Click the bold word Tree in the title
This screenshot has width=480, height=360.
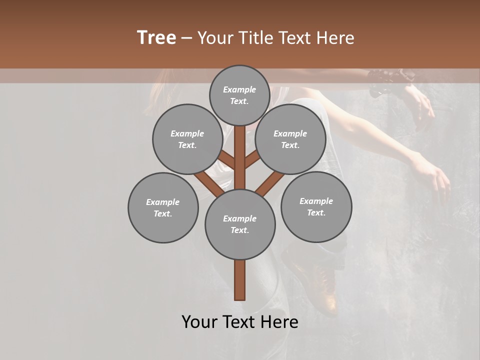tap(156, 38)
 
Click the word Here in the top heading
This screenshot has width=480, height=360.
tap(335, 38)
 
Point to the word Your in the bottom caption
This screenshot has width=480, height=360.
tap(199, 322)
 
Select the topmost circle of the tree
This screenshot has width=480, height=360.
tap(239, 95)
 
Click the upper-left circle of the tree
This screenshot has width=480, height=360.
tap(187, 139)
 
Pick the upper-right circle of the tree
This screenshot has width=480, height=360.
tap(290, 139)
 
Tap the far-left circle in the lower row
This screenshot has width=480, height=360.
tap(163, 207)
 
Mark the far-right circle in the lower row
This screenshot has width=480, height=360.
tap(316, 206)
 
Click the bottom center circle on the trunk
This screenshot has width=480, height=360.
tap(240, 224)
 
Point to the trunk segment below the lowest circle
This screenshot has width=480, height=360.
tap(240, 280)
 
